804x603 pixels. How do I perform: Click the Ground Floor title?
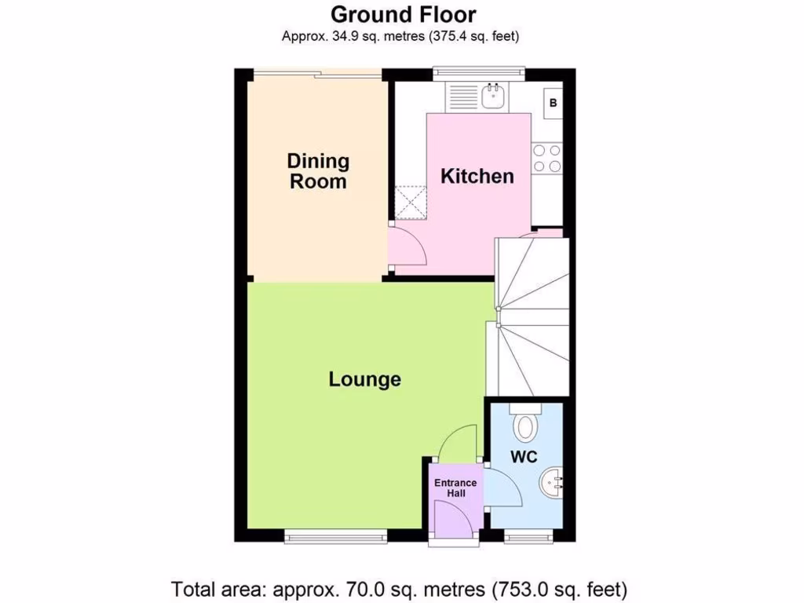403,14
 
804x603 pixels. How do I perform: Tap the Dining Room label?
317,171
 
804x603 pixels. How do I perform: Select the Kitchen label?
477,176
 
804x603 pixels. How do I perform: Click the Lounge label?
364,380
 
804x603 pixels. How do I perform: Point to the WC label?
524,457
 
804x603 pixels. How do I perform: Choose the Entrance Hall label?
455,488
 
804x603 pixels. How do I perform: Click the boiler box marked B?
553,102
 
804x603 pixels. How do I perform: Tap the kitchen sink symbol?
493,97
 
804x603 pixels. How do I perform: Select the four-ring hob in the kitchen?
546,158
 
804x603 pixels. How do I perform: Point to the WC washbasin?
554,481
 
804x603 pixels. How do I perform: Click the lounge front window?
335,537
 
